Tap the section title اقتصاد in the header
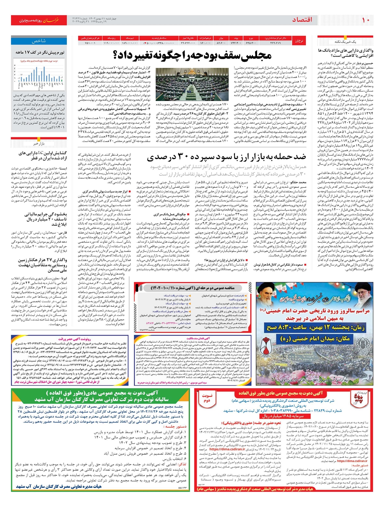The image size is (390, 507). (302, 20)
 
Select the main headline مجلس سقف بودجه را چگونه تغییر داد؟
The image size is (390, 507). (192, 55)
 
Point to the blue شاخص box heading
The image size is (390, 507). (39, 41)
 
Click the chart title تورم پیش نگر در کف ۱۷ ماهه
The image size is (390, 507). (40, 52)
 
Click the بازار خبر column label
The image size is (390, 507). (39, 143)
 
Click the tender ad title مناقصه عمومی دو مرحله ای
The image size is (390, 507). (192, 288)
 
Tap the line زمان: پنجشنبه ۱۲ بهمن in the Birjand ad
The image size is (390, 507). (313, 327)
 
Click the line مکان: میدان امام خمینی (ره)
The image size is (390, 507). (313, 338)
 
